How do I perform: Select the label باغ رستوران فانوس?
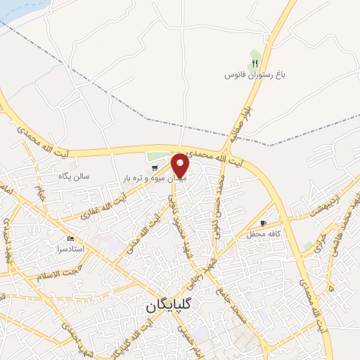(252, 75)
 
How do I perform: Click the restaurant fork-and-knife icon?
(255, 63)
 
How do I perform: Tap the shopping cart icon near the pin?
(155, 167)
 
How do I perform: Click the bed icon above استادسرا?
(70, 240)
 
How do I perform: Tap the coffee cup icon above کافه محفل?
(264, 223)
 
